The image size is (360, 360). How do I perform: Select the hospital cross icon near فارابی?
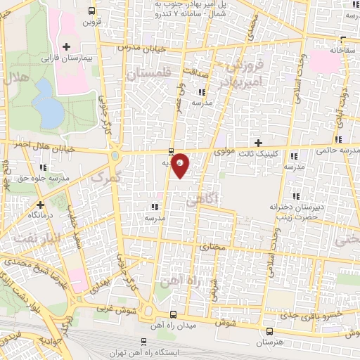click(x=66, y=47)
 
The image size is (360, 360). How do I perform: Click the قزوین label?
click(x=93, y=22)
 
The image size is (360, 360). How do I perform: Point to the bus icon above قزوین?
click(x=93, y=11)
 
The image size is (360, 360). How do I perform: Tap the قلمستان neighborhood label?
click(x=150, y=72)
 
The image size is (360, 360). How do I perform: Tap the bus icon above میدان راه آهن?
click(x=174, y=314)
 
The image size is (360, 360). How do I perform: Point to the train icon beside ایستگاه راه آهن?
click(x=144, y=341)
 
